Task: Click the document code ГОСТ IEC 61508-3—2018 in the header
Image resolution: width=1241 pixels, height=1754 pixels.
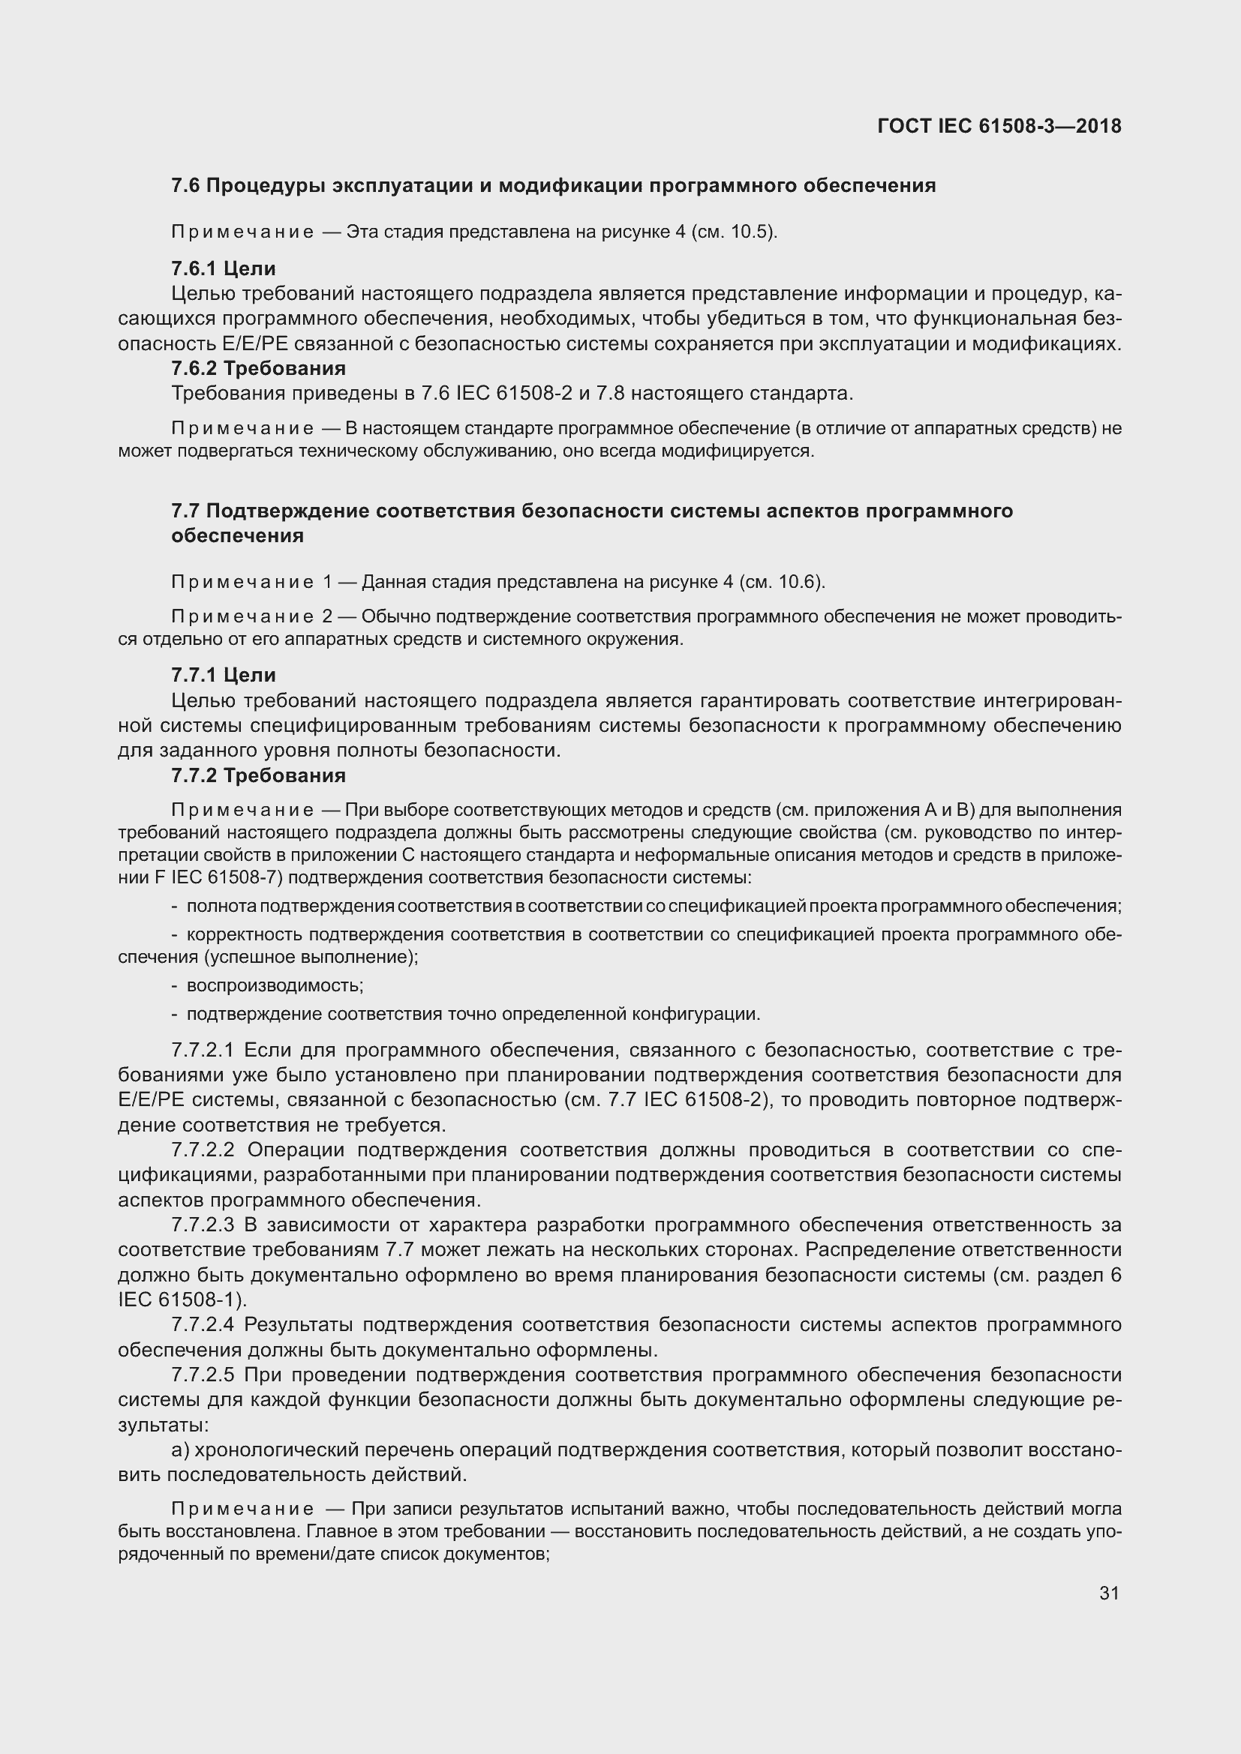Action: click(x=999, y=127)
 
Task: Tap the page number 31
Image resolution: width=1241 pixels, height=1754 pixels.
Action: click(x=1109, y=1593)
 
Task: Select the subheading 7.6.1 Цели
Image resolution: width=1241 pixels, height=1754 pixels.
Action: click(x=223, y=268)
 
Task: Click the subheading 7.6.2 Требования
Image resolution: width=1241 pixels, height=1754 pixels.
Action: click(x=258, y=368)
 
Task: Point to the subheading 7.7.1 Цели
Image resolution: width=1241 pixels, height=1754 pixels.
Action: click(x=223, y=675)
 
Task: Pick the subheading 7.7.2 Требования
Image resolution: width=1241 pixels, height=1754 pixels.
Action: click(x=258, y=775)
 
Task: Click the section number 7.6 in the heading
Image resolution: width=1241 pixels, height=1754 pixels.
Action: click(x=185, y=186)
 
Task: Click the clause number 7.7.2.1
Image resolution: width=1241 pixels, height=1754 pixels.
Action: click(x=203, y=1051)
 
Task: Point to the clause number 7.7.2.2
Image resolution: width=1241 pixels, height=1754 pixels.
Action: click(x=203, y=1150)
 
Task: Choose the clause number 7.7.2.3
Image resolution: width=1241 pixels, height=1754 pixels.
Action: click(x=203, y=1225)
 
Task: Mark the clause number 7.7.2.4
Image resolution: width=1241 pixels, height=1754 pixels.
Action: click(x=203, y=1324)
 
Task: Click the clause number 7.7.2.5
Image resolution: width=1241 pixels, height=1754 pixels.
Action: click(x=203, y=1375)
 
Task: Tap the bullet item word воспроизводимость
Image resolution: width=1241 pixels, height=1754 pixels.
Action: click(x=275, y=985)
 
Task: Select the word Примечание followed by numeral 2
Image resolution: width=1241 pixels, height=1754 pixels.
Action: click(x=242, y=616)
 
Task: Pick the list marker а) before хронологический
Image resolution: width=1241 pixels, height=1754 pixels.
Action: click(x=180, y=1450)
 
